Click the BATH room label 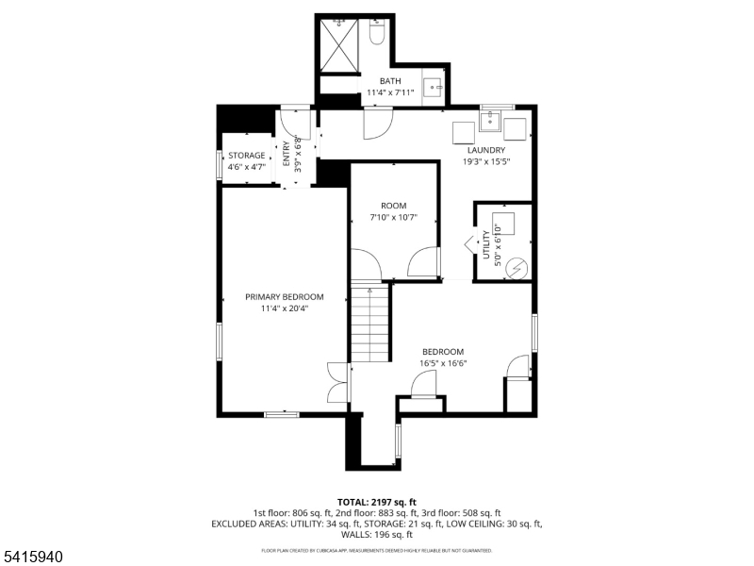pyautogui.click(x=389, y=81)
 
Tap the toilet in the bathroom pyautogui.click(x=377, y=33)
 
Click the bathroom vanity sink pyautogui.click(x=435, y=88)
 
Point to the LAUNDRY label pyautogui.click(x=485, y=150)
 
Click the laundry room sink pyautogui.click(x=491, y=121)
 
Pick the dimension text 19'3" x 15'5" pyautogui.click(x=485, y=161)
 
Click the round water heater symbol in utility pyautogui.click(x=516, y=268)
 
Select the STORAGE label pyautogui.click(x=246, y=156)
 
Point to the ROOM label pyautogui.click(x=393, y=206)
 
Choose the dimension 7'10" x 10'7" pyautogui.click(x=393, y=218)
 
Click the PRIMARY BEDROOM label pyautogui.click(x=285, y=296)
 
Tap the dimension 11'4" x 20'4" pyautogui.click(x=285, y=308)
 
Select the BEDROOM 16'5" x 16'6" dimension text pyautogui.click(x=443, y=363)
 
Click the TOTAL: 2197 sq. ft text pyautogui.click(x=376, y=502)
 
